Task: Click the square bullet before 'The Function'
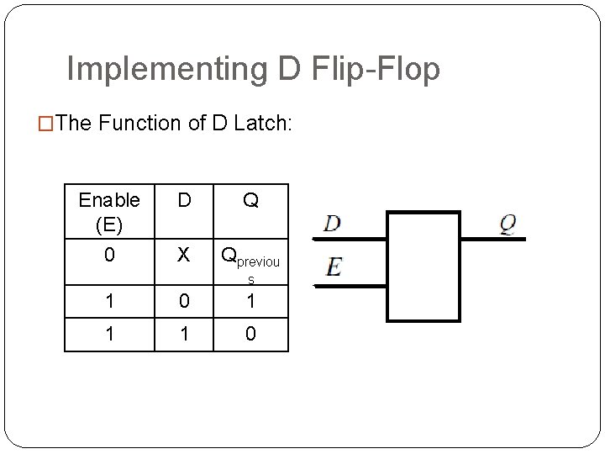(48, 124)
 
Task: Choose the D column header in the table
(185, 201)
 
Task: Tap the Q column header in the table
(250, 201)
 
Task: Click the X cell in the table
(185, 255)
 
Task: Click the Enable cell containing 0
(108, 255)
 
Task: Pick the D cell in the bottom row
(185, 334)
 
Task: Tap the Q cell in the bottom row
(250, 334)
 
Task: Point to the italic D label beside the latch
(333, 224)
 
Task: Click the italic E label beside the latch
(334, 267)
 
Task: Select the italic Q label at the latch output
(508, 224)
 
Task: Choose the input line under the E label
(349, 285)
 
